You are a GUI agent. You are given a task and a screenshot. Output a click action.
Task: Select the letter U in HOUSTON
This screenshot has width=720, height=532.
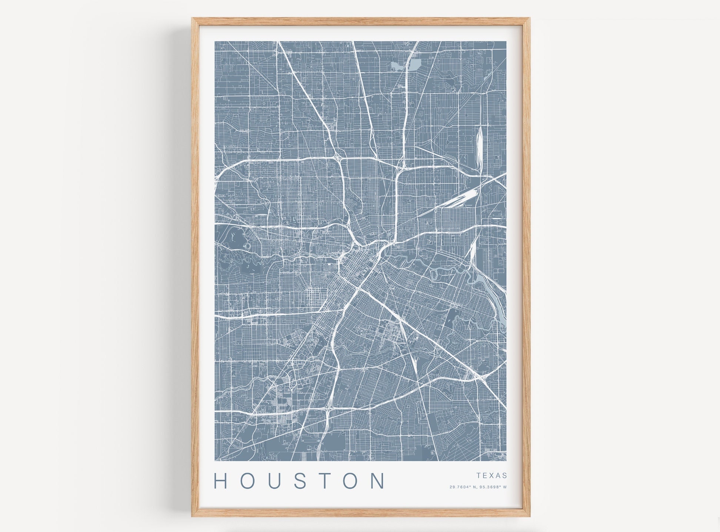(x=277, y=481)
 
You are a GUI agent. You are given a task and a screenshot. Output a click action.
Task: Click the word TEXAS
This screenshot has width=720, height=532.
(x=492, y=475)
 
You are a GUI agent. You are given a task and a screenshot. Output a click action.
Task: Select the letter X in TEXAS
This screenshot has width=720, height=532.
(x=492, y=475)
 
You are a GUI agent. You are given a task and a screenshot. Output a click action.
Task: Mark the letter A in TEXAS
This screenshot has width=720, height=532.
(x=499, y=475)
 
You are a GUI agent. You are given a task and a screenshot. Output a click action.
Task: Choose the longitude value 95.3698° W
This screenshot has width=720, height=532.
(x=492, y=487)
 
